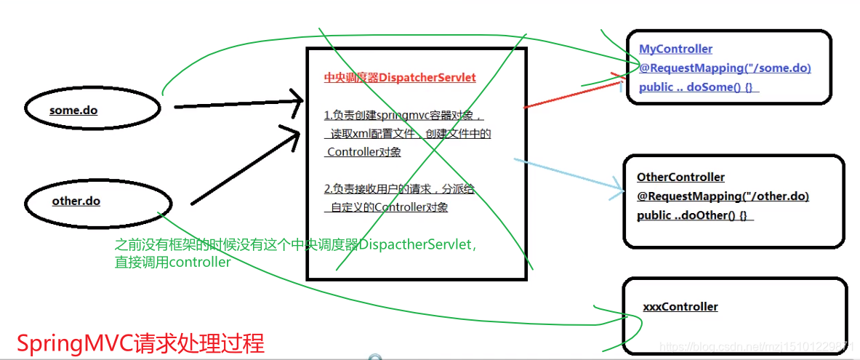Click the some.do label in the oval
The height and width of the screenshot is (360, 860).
(73, 111)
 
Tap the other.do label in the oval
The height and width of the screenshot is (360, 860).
(76, 201)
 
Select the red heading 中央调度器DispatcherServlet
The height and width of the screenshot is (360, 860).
(400, 78)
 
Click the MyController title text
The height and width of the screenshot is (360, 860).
(675, 49)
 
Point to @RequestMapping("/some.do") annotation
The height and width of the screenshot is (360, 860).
(725, 68)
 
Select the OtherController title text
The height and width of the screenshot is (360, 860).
(680, 177)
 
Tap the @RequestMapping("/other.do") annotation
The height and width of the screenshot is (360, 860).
(723, 196)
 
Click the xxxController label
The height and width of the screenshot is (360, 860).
(680, 307)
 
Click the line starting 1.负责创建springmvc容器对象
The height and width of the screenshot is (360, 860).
(403, 116)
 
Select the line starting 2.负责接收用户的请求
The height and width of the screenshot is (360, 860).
(399, 189)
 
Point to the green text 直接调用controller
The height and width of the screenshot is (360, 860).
(172, 263)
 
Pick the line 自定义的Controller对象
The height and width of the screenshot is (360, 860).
(389, 207)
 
